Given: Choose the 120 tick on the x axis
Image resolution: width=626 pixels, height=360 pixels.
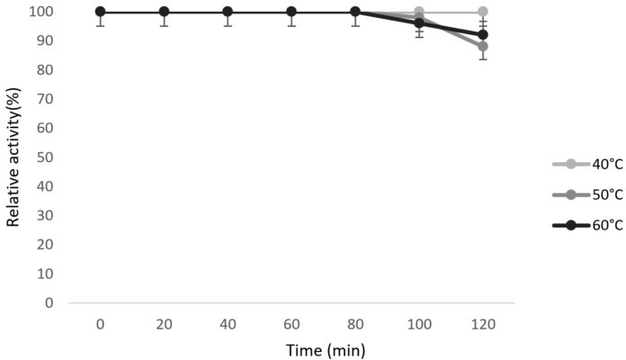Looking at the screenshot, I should click(x=483, y=321).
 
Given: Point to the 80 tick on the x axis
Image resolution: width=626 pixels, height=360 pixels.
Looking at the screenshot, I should click(x=355, y=321).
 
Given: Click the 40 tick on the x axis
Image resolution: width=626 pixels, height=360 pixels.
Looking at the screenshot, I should click(x=228, y=321).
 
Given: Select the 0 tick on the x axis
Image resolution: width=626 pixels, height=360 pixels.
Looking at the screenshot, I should click(x=100, y=321).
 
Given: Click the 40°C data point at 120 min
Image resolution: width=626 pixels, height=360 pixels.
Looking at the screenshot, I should click(x=483, y=12).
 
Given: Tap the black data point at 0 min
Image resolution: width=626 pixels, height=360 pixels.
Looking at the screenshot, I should click(x=100, y=12).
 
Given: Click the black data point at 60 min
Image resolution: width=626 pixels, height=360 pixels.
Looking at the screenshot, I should click(x=291, y=12).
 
